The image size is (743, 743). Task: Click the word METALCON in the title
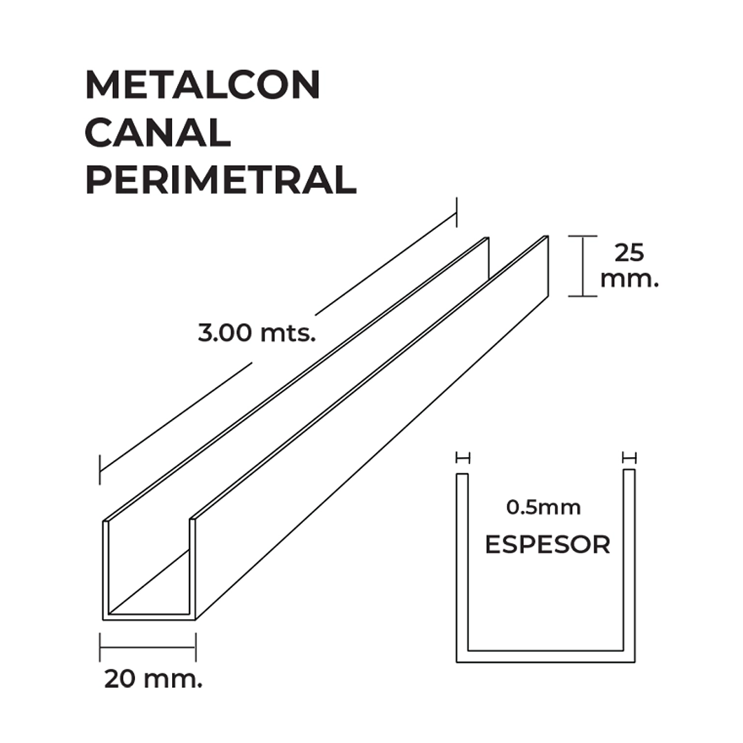click(203, 85)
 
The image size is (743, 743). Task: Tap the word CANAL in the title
click(158, 133)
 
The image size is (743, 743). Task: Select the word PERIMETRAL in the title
click(221, 180)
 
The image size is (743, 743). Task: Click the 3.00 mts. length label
click(257, 333)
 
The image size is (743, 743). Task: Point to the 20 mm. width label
click(153, 679)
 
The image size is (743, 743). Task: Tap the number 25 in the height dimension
click(629, 253)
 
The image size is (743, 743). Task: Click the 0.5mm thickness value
click(543, 507)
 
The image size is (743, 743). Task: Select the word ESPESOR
click(547, 545)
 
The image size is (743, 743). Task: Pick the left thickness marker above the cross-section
click(463, 458)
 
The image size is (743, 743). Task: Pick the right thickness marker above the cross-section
click(629, 458)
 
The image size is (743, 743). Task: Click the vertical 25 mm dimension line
click(583, 266)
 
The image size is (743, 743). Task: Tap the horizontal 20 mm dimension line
click(148, 647)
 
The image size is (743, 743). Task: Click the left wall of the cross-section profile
click(462, 564)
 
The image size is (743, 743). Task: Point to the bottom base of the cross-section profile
click(545, 656)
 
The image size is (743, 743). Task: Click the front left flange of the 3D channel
click(106, 569)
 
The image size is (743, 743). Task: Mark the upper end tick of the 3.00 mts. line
click(457, 212)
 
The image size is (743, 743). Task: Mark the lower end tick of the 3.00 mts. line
click(100, 470)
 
